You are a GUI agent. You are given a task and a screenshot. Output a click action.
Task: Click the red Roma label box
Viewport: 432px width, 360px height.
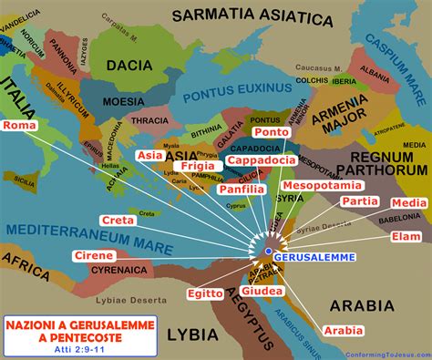[19, 125]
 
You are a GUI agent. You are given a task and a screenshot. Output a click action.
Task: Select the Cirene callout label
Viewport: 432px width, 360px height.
[93, 256]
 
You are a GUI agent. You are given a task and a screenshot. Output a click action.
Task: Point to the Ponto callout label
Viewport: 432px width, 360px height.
[273, 132]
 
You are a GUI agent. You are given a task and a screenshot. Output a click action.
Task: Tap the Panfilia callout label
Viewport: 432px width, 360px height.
[242, 190]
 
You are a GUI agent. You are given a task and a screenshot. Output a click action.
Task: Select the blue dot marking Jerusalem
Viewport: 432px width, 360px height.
[269, 249]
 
